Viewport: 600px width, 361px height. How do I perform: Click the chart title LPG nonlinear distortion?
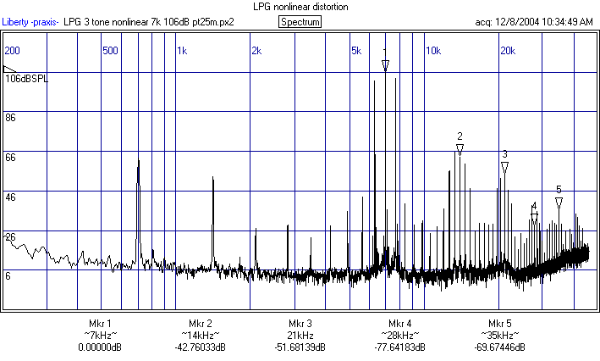pyautogui.click(x=300, y=7)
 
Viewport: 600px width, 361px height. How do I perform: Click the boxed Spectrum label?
pyautogui.click(x=300, y=21)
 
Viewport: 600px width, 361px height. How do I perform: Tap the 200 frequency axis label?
pyautogui.click(x=12, y=51)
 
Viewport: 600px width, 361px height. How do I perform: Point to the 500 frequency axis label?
pyautogui.click(x=110, y=51)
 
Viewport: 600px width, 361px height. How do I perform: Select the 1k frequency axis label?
pyautogui.click(x=182, y=51)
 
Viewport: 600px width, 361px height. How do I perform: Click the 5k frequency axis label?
pyautogui.click(x=357, y=51)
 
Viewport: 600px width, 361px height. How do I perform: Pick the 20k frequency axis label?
pyautogui.click(x=508, y=51)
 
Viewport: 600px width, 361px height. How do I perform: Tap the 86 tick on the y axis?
pyautogui.click(x=11, y=118)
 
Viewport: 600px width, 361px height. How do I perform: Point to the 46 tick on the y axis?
pyautogui.click(x=11, y=197)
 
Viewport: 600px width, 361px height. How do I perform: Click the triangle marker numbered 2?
pyautogui.click(x=460, y=149)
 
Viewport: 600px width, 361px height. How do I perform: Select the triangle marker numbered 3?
pyautogui.click(x=504, y=168)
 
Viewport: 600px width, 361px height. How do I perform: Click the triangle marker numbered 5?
pyautogui.click(x=559, y=203)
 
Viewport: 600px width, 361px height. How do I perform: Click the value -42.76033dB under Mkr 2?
pyautogui.click(x=201, y=347)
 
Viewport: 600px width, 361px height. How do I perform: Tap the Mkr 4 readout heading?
pyautogui.click(x=400, y=324)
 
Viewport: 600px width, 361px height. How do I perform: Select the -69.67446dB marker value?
pyautogui.click(x=500, y=347)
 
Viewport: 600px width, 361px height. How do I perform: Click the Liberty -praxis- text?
pyautogui.click(x=30, y=21)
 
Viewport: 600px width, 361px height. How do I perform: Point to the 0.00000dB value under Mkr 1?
pyautogui.click(x=100, y=347)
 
